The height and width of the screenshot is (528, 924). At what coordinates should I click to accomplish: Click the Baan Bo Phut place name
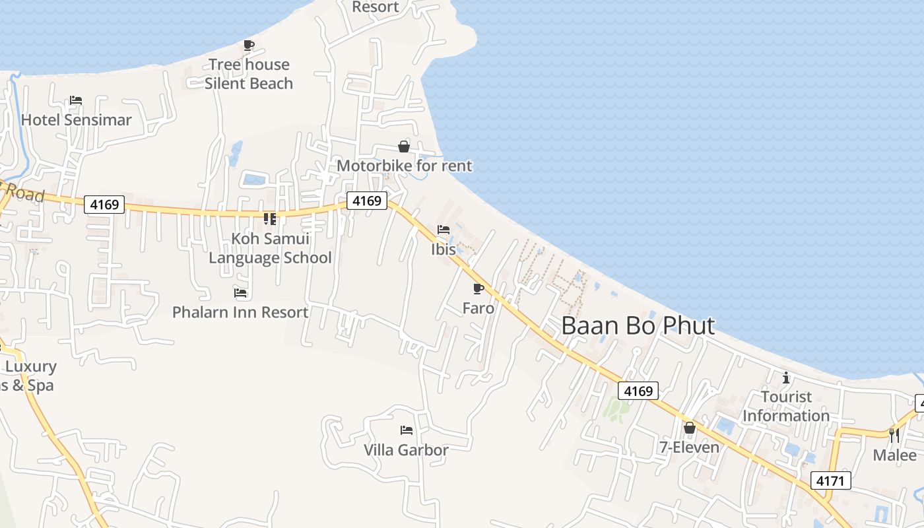638,325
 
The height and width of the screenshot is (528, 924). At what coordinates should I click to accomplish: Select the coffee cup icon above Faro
478,289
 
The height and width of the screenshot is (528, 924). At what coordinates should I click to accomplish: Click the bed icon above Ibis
444,230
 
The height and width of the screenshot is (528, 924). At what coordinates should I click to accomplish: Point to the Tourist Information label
785,406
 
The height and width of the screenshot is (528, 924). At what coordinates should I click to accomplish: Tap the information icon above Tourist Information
785,378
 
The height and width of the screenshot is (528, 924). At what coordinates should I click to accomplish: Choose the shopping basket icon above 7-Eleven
690,428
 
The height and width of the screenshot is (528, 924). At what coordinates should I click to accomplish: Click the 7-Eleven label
690,447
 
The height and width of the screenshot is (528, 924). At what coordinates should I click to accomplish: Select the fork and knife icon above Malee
894,435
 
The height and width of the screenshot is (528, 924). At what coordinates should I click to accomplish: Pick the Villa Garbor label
406,450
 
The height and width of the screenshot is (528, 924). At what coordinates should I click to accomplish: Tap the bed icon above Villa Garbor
407,430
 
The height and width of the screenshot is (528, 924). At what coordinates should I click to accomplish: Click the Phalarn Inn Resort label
240,312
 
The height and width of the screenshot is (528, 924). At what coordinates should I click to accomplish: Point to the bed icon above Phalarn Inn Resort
240,292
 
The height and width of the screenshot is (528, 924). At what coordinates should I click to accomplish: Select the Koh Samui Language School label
270,248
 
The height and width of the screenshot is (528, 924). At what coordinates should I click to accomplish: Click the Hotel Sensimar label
76,119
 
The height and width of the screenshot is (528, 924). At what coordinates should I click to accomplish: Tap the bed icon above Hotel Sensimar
76,100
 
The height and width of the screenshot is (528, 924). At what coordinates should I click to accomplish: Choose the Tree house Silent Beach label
249,74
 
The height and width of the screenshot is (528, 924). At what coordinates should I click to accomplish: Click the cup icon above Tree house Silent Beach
249,45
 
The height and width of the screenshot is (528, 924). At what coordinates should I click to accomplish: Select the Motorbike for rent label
404,166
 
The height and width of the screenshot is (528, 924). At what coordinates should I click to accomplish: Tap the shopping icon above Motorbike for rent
404,147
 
